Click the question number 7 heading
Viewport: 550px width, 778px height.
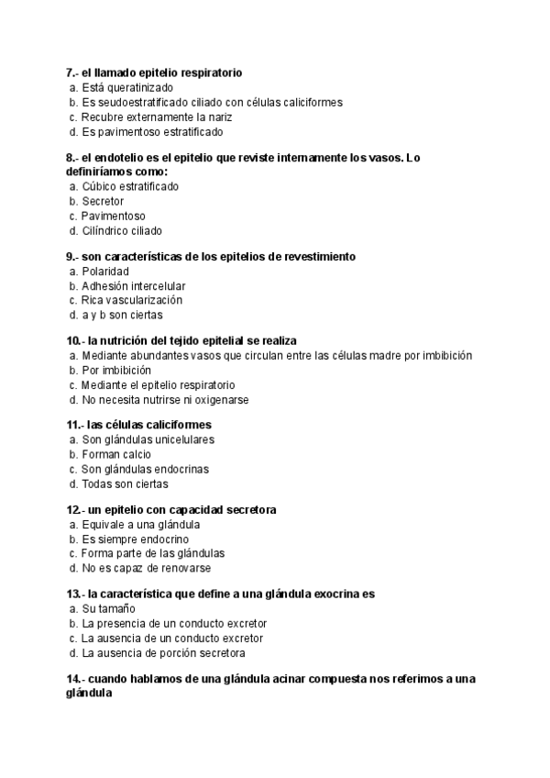pyautogui.click(x=154, y=72)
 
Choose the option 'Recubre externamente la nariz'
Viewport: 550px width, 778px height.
pyautogui.click(x=157, y=117)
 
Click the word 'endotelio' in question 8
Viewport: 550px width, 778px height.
pyautogui.click(x=122, y=157)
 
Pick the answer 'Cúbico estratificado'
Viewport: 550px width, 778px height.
pyautogui.click(x=129, y=186)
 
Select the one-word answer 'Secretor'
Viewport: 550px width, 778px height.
pyautogui.click(x=103, y=201)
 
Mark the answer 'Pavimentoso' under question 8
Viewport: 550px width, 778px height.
pyautogui.click(x=113, y=216)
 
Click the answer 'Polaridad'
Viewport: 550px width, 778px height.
pyautogui.click(x=105, y=272)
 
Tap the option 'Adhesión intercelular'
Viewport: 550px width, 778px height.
pyautogui.click(x=133, y=286)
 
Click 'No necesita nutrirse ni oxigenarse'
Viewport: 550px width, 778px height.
pyautogui.click(x=165, y=400)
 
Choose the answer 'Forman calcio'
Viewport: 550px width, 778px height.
pyautogui.click(x=116, y=454)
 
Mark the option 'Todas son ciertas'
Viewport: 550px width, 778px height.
pyautogui.click(x=125, y=483)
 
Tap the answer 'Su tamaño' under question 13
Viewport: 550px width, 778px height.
pyautogui.click(x=107, y=608)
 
